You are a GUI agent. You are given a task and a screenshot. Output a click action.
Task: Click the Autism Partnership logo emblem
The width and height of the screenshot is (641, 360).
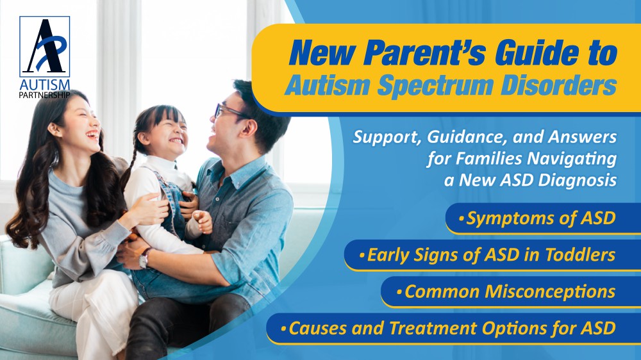click(x=45, y=47)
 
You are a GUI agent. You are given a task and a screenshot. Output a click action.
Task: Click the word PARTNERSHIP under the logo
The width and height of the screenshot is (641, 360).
click(x=45, y=95)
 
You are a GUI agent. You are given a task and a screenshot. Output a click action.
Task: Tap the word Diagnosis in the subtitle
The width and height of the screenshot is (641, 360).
click(x=578, y=180)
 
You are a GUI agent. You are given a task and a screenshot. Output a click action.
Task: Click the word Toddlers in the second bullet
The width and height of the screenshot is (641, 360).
click(x=581, y=254)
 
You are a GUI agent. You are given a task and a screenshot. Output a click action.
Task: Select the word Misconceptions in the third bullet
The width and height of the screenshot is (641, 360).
click(x=550, y=291)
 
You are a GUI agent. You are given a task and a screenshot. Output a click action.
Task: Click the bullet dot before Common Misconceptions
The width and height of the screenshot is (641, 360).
click(x=399, y=292)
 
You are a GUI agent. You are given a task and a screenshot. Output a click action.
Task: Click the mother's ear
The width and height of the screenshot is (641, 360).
click(x=54, y=129)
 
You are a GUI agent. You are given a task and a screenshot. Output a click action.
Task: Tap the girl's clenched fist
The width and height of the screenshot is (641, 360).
click(x=203, y=221)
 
